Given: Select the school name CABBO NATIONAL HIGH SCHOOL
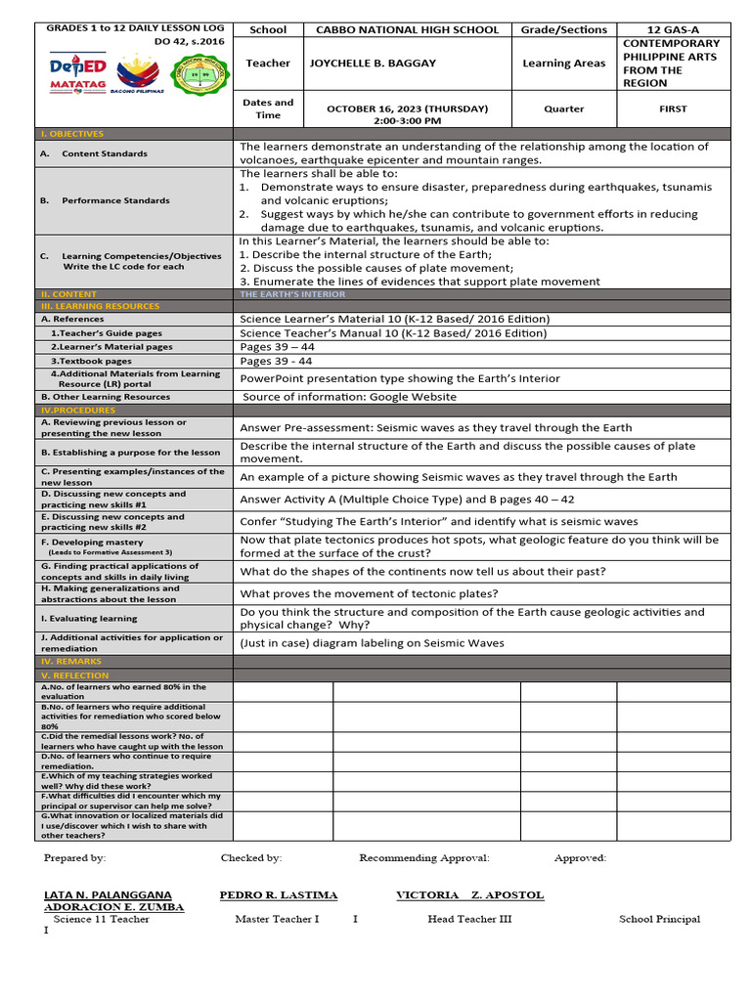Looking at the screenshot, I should [x=407, y=30].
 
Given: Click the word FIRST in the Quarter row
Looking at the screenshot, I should [x=674, y=109].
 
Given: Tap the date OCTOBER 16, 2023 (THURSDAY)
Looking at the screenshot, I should [x=407, y=109].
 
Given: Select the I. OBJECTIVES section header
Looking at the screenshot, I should [x=72, y=134].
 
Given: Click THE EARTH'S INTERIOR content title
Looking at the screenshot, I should [x=292, y=293].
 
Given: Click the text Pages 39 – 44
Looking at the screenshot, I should [x=278, y=347].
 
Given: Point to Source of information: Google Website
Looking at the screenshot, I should [x=349, y=397].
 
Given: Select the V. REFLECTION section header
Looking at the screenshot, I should [x=74, y=675].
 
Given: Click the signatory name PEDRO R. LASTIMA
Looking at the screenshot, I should [x=279, y=895].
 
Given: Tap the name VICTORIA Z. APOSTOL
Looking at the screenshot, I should [x=470, y=895].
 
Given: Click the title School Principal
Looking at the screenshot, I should [x=659, y=919].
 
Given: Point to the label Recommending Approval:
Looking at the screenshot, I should [x=424, y=858].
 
